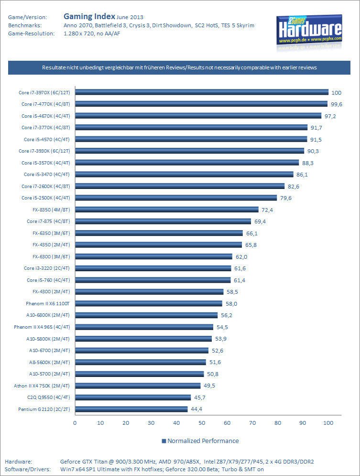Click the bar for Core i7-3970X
(x=201, y=92)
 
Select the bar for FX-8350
(x=166, y=210)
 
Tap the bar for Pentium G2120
(x=131, y=409)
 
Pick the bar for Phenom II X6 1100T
(x=148, y=303)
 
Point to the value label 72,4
(x=267, y=210)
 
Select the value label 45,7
(x=199, y=398)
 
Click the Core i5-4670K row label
(x=45, y=116)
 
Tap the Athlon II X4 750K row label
(x=42, y=386)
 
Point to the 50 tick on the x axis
(x=202, y=423)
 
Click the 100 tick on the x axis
(x=328, y=423)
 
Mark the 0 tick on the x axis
(x=75, y=423)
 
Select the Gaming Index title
(x=89, y=16)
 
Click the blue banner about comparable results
(x=179, y=67)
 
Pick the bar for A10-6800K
(x=146, y=315)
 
